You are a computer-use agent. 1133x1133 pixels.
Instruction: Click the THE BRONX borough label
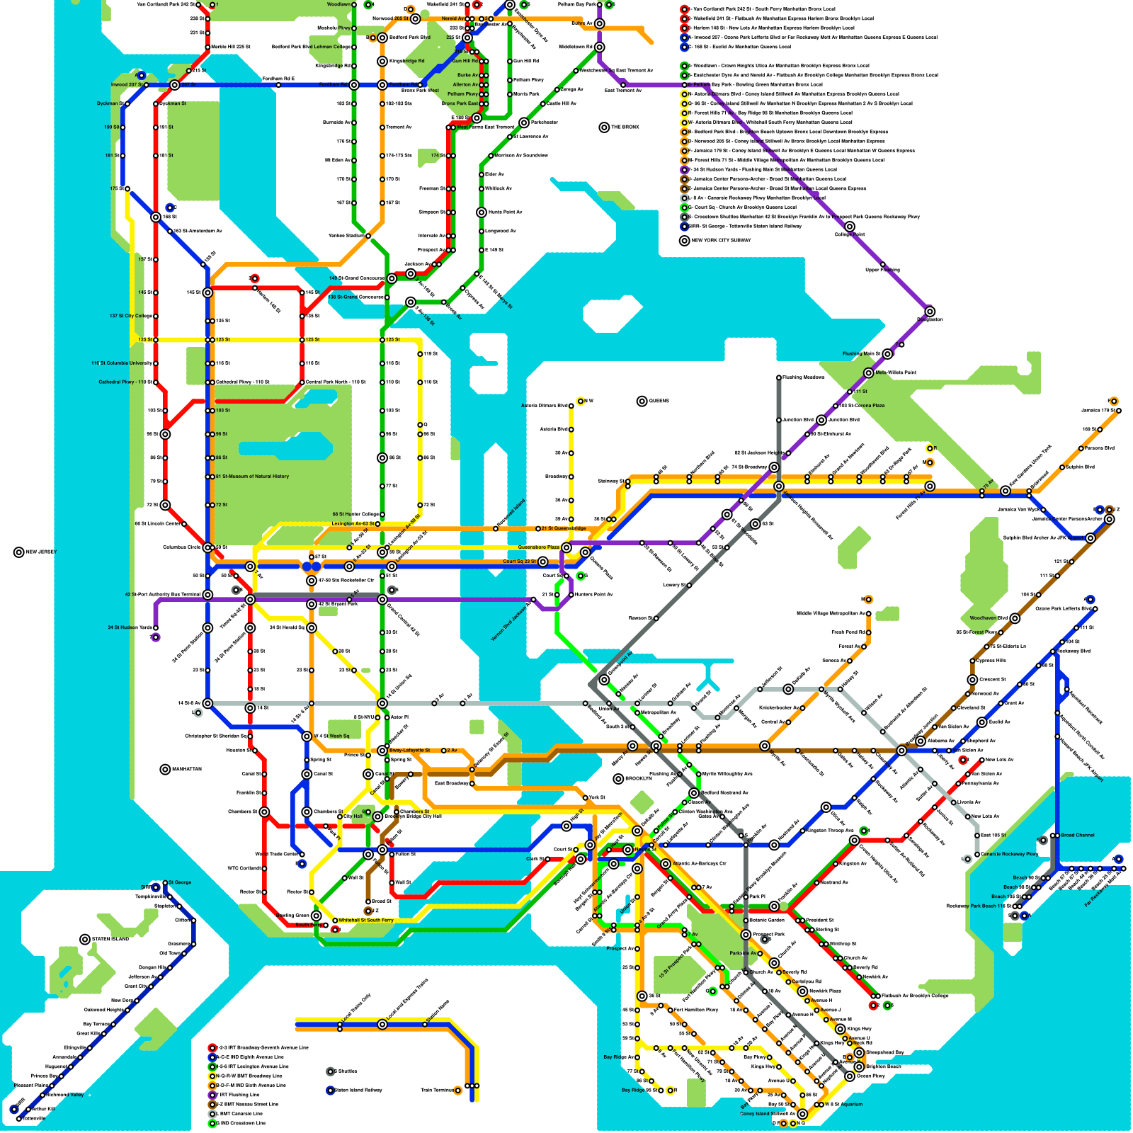625,127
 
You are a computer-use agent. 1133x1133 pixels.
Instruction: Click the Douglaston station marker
930,312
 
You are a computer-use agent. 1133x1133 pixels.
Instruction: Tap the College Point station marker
850,227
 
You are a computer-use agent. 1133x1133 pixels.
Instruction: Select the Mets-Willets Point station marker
869,372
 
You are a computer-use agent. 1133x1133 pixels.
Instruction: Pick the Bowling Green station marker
317,916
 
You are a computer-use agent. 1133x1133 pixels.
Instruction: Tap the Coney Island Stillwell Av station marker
802,1114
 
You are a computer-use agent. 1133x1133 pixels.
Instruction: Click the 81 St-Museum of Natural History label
252,477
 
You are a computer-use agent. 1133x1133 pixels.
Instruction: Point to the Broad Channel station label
1078,835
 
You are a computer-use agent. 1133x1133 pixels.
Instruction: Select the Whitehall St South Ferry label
365,921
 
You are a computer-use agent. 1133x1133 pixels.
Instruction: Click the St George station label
180,882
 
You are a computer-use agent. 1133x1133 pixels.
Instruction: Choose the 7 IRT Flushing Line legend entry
241,1095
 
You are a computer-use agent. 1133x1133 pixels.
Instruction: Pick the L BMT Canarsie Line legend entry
241,1114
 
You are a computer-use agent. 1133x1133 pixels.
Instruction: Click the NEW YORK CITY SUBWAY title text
721,240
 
